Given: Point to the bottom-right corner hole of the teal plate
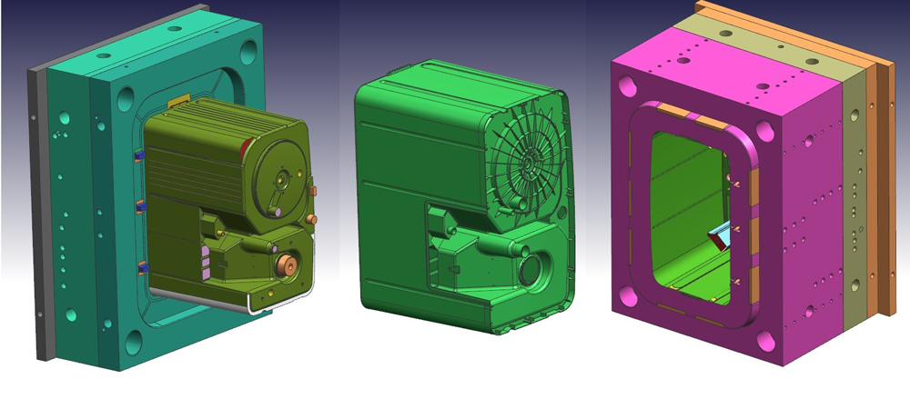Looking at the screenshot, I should [134, 343].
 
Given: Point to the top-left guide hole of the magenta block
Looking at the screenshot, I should [627, 86].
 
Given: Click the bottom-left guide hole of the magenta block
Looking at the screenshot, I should [628, 294].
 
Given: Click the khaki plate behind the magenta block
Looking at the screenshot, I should [853, 200].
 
